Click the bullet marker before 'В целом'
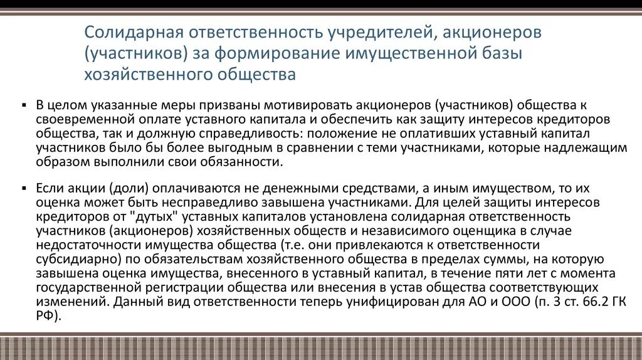tap(23, 105)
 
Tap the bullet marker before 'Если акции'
tap(23, 188)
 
